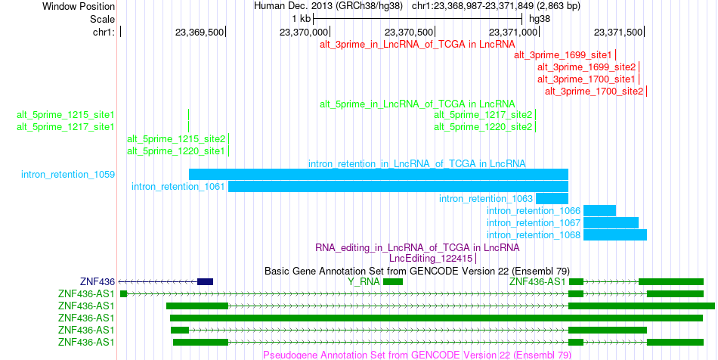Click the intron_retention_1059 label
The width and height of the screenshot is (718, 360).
[68, 175]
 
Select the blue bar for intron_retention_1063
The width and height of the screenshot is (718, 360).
[552, 198]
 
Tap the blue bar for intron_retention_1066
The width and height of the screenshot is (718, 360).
[599, 211]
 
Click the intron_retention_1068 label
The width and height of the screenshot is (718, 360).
[534, 235]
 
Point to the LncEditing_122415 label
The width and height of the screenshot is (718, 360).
[431, 259]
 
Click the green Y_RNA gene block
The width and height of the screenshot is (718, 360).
[393, 281]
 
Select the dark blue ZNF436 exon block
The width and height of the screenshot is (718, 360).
[205, 281]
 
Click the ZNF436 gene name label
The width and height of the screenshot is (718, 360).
[97, 281]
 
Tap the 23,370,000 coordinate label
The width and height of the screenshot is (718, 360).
[304, 32]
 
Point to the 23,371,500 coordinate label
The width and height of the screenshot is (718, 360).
[618, 32]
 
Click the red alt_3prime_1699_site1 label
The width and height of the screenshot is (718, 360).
[563, 55]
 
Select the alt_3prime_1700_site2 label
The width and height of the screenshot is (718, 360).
[594, 92]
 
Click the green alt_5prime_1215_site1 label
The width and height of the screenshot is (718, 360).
[66, 114]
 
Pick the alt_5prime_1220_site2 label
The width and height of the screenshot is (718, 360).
[483, 126]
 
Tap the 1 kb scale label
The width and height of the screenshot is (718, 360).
[302, 19]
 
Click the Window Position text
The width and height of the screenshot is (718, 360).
[79, 6]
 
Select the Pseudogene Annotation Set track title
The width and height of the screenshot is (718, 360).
[417, 355]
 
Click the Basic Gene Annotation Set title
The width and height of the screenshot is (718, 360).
[417, 272]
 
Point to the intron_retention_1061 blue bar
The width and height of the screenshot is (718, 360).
[398, 186]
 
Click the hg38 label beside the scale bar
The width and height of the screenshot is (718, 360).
[540, 19]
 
